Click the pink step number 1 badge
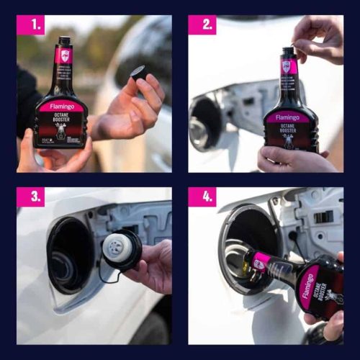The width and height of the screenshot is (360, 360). pyautogui.click(x=30, y=25)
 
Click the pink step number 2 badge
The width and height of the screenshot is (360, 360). pyautogui.click(x=202, y=25)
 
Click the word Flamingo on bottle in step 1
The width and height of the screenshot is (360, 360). pyautogui.click(x=61, y=107)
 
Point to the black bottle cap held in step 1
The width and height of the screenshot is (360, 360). pyautogui.click(x=139, y=73)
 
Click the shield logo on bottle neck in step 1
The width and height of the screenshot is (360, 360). pyautogui.click(x=64, y=55)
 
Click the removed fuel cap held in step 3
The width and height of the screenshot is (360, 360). pyautogui.click(x=122, y=248)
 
